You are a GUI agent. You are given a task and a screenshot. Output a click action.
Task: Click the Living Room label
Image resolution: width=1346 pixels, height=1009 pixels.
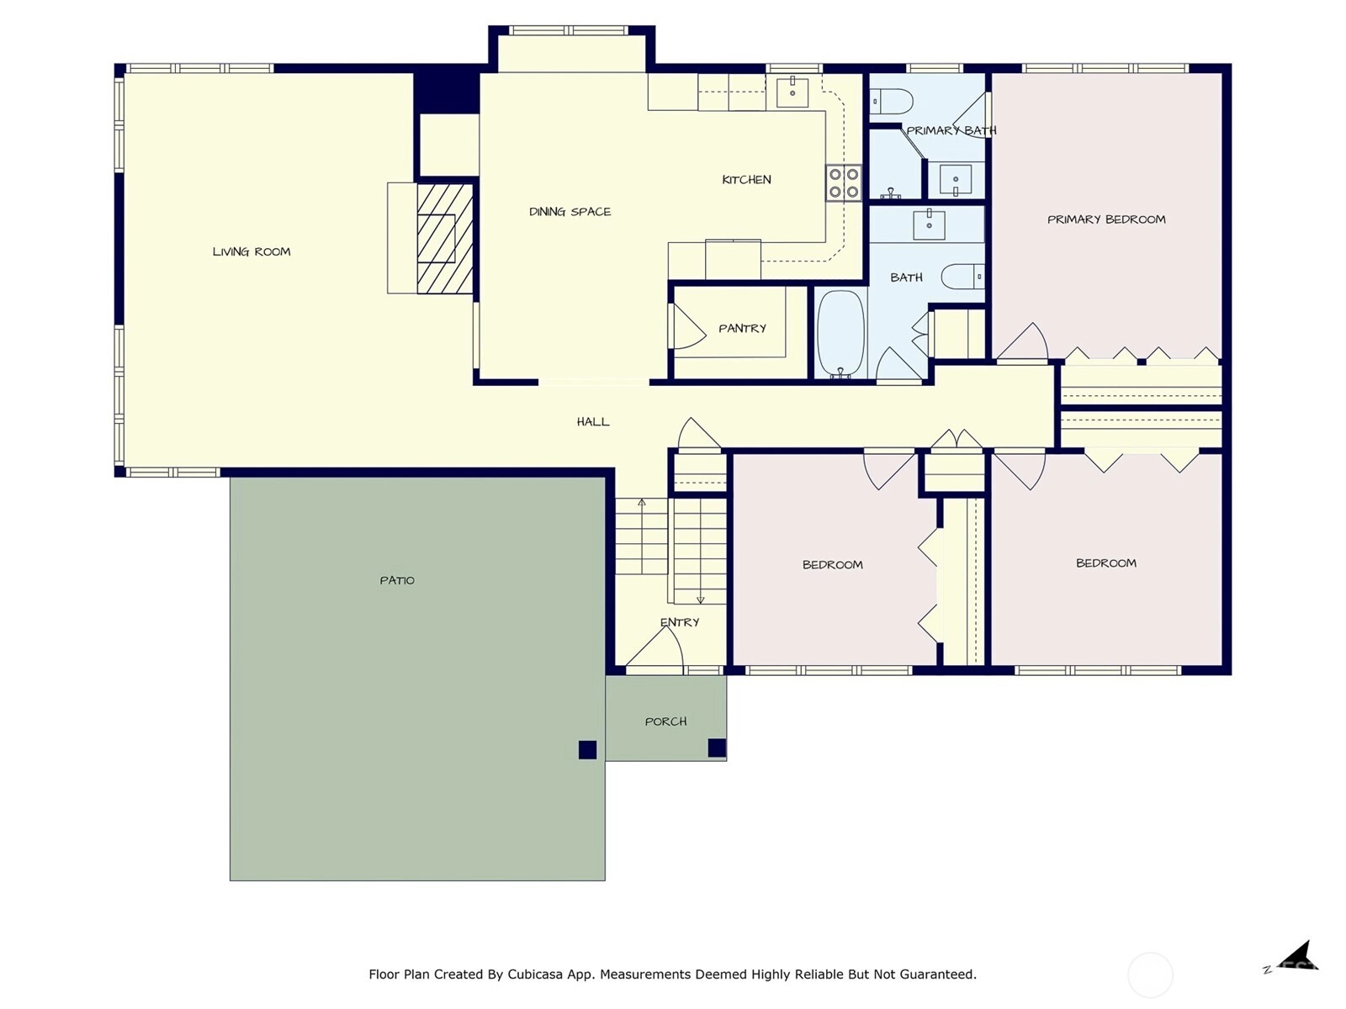252,251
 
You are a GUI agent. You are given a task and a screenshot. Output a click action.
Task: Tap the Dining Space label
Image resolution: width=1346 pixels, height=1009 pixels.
570,212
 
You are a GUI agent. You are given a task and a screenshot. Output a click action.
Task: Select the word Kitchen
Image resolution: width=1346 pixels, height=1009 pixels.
746,179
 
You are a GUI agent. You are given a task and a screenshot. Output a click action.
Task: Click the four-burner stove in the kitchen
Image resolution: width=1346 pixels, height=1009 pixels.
843,183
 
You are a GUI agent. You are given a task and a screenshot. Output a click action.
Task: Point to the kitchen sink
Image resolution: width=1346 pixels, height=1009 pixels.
792,91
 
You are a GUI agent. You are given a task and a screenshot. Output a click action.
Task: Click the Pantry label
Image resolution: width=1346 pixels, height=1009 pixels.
742,329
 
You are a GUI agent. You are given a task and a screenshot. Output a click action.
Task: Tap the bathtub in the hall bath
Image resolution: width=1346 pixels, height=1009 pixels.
840,334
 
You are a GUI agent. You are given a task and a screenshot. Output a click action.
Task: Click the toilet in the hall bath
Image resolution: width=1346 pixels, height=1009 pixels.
962,277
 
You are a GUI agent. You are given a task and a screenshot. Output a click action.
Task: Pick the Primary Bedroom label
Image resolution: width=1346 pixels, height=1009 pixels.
1106,219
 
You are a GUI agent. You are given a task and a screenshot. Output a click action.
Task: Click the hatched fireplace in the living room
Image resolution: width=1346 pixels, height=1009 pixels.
444,239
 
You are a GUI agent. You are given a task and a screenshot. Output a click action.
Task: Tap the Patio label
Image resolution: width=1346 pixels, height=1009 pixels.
397,580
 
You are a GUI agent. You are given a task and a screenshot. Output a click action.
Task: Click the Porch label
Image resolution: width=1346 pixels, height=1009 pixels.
665,721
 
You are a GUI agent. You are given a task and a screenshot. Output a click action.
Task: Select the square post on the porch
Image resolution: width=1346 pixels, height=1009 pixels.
717,748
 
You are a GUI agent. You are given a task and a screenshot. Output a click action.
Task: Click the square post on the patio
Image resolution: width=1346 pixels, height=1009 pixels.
587,750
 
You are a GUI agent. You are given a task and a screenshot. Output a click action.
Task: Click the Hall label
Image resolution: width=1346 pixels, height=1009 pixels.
593,421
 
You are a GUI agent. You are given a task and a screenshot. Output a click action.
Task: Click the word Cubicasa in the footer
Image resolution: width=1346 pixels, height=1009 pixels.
535,974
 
